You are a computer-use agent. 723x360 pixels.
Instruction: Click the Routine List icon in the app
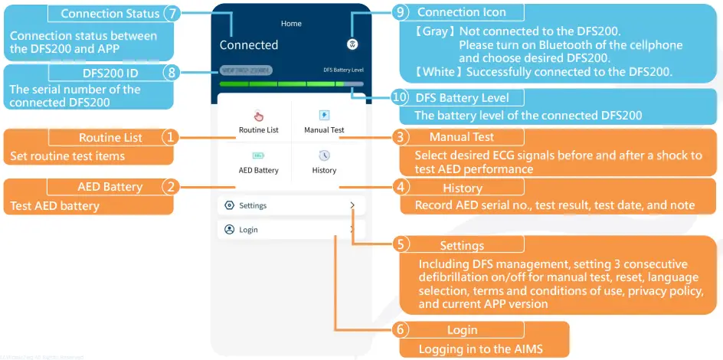[x=258, y=116]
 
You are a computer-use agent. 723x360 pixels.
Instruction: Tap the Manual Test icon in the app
[x=324, y=116]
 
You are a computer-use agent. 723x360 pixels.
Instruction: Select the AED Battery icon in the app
[x=258, y=155]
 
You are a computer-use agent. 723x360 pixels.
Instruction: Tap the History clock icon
[x=324, y=155]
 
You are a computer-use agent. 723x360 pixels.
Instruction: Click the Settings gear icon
[x=229, y=205]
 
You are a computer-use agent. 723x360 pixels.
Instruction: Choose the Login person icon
[x=229, y=229]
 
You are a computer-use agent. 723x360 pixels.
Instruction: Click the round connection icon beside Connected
[x=352, y=44]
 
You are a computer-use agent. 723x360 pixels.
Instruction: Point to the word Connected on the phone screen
[x=249, y=45]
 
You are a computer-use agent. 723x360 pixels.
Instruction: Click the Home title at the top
[x=291, y=24]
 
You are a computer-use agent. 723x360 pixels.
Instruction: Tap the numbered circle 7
[x=173, y=14]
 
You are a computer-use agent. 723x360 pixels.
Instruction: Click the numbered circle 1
[x=171, y=138]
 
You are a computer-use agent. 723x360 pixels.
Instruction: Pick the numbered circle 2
[x=171, y=187]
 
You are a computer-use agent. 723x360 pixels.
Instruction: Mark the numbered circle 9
[x=401, y=12]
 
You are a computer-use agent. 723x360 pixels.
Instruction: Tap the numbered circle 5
[x=401, y=245]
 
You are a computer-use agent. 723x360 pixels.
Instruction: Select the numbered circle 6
[x=401, y=330]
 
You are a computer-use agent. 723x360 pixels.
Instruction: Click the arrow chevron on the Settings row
[x=352, y=205]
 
